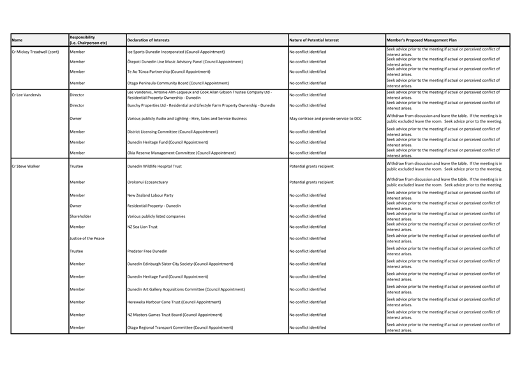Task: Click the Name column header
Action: pyautogui.click(x=17, y=40)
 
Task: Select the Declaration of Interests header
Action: pyautogui.click(x=148, y=40)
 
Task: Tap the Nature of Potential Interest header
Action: pyautogui.click(x=314, y=40)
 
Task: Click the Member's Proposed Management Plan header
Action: pyautogui.click(x=421, y=40)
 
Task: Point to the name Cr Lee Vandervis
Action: pyautogui.click(x=27, y=94)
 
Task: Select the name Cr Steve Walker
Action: pyautogui.click(x=26, y=166)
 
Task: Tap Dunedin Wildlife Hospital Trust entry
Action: pyautogui.click(x=154, y=166)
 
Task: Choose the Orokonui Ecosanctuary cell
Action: pyautogui.click(x=147, y=182)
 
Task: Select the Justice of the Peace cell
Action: pyautogui.click(x=87, y=238)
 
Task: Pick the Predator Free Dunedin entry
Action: pyautogui.click(x=147, y=251)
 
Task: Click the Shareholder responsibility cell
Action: pyautogui.click(x=80, y=216)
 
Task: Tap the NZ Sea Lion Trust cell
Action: pyautogui.click(x=142, y=227)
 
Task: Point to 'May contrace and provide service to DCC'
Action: pyautogui.click(x=325, y=118)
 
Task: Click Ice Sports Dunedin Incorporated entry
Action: pyautogui.click(x=175, y=52)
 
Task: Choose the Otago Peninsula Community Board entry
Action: pyautogui.click(x=177, y=83)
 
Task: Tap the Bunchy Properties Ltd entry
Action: pyautogui.click(x=201, y=105)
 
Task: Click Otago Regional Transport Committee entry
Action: pyautogui.click(x=180, y=328)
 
